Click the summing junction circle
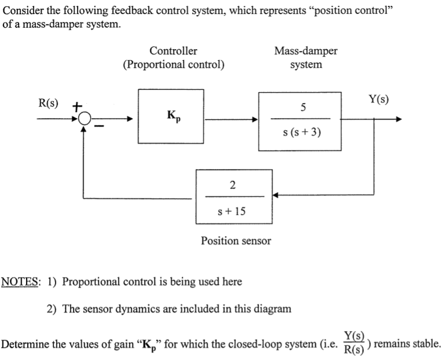tap(84, 120)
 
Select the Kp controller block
tap(171, 116)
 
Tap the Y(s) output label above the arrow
tap(378, 99)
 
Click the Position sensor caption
tap(235, 240)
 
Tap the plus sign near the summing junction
tap(76, 106)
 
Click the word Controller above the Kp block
tap(173, 51)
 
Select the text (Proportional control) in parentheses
tap(173, 64)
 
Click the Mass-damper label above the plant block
tap(305, 51)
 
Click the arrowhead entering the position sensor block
tap(277, 196)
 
